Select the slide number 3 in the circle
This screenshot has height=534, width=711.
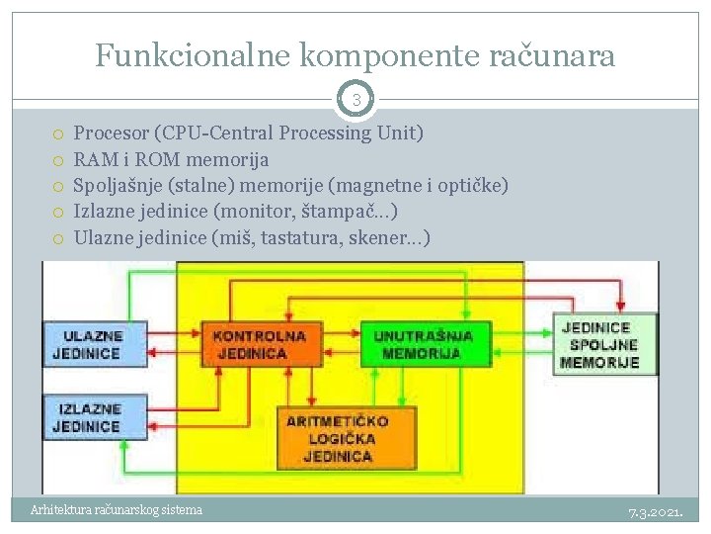355,99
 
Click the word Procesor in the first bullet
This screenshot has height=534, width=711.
111,133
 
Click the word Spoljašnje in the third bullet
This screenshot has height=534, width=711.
119,185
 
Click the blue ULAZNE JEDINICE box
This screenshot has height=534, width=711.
94,344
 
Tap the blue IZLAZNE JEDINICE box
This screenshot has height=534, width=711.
94,417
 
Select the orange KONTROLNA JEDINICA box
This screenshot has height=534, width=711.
260,344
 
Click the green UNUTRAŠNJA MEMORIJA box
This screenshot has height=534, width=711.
423,344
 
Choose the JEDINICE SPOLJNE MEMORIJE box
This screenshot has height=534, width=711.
599,344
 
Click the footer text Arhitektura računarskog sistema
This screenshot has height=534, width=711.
117,510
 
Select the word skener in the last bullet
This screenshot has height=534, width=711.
379,238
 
